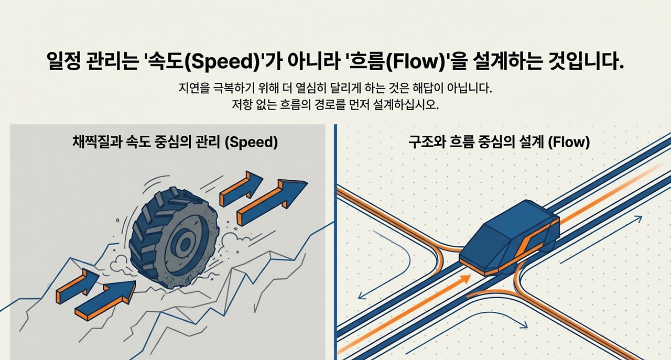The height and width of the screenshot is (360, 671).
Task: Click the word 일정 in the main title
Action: [64, 61]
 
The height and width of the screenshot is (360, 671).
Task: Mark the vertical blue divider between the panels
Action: [334, 241]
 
